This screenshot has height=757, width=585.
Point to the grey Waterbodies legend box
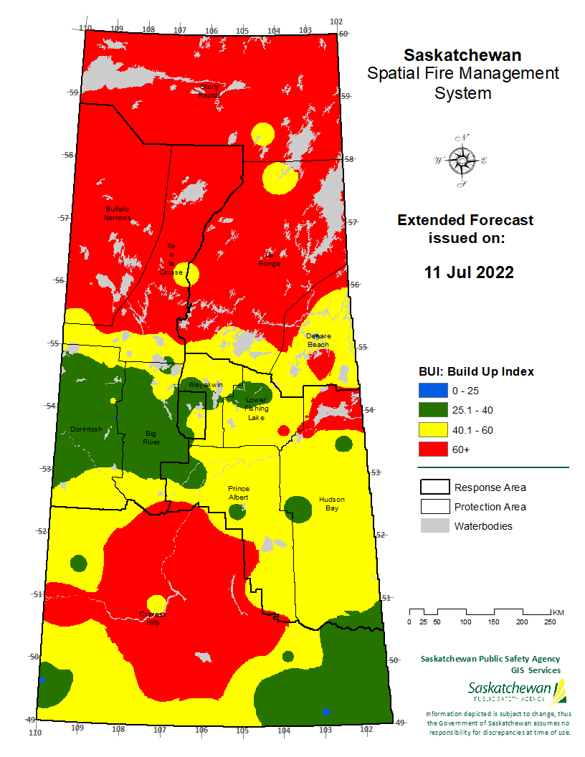(433, 526)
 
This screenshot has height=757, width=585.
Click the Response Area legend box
(433, 487)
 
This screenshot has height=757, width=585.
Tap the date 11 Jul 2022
(469, 272)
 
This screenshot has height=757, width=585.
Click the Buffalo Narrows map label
(116, 213)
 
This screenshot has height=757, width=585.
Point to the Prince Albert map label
(238, 492)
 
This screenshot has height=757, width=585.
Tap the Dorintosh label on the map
(86, 429)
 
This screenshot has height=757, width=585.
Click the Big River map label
(151, 438)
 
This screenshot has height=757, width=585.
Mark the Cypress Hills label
(153, 619)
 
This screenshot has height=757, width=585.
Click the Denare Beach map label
(318, 340)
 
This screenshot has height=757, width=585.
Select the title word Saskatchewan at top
(462, 55)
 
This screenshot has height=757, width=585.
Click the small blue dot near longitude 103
(326, 711)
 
